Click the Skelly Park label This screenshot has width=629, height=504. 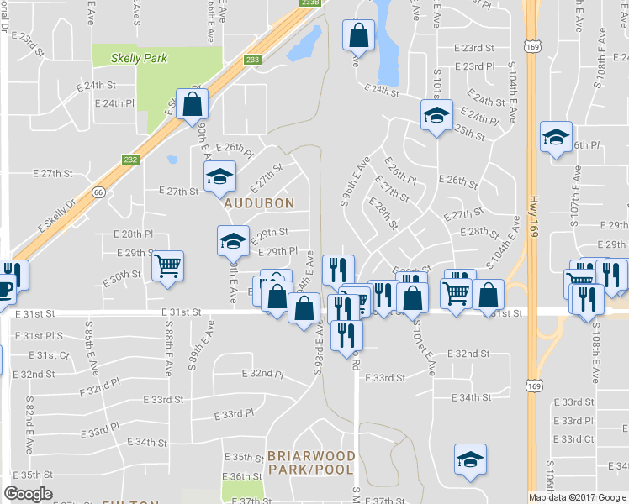coord(141,59)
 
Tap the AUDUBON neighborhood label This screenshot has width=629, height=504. coord(259,203)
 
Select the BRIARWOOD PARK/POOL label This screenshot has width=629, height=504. coord(311,462)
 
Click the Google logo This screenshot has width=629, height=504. coord(28,494)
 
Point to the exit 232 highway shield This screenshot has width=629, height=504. coord(130,160)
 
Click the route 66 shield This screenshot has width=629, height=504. coord(98,192)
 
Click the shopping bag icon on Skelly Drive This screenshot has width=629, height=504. coord(193,104)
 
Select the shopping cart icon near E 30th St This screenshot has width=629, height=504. coord(168,265)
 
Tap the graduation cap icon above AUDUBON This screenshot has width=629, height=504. coord(219,176)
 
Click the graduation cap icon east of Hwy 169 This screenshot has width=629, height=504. coord(556,137)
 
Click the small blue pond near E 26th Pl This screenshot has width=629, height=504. coord(172,159)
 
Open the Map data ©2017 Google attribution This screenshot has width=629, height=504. coord(578,497)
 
